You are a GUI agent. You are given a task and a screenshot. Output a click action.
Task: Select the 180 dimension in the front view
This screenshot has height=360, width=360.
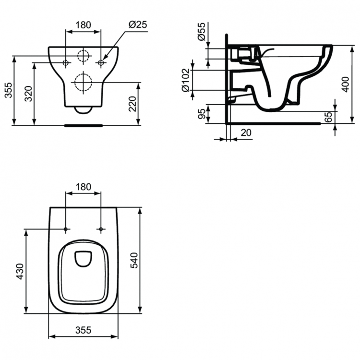tap(83, 24)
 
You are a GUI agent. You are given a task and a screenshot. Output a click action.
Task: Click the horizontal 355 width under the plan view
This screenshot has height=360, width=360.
tap(83, 330)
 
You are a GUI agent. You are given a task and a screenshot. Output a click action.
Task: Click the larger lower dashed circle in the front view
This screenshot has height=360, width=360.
tap(84, 83)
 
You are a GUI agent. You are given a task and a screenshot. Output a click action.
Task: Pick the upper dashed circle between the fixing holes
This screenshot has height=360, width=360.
tap(84, 57)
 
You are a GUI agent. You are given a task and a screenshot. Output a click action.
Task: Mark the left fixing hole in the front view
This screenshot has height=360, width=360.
tap(66, 63)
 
